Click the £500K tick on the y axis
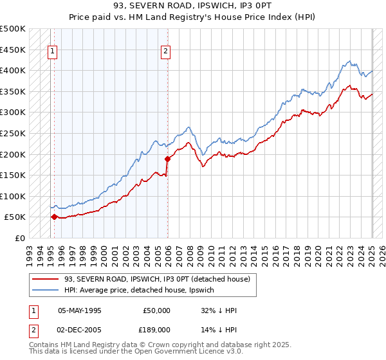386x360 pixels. point(13,29)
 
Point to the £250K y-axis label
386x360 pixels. point(13,133)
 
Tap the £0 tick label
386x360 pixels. point(19,238)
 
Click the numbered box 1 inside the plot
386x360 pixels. point(52,53)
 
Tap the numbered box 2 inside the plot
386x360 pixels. point(166,53)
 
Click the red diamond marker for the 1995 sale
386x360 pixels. point(54,217)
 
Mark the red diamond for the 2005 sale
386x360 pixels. point(167,159)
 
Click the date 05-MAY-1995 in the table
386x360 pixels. point(80,310)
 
